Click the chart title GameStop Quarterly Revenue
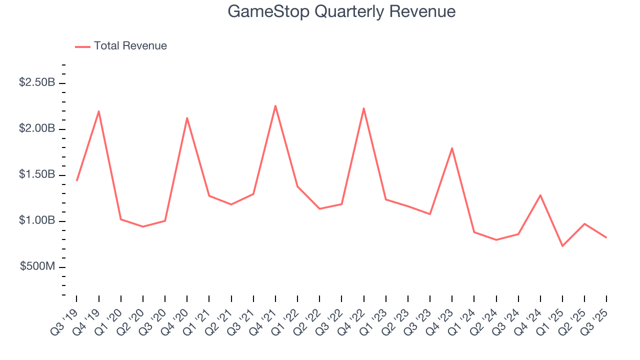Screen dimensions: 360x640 pos(341,11)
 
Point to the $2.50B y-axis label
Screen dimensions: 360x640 pos(37,82)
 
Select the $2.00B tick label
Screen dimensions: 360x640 pos(37,128)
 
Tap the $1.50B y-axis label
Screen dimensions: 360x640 pos(37,174)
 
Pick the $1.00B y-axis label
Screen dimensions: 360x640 pos(37,220)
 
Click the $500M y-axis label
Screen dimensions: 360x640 pos(37,266)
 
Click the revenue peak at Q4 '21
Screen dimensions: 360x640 pos(275,105)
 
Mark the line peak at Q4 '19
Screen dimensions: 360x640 pos(99,111)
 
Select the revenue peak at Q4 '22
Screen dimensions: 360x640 pos(363,108)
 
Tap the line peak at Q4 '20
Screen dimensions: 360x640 pos(187,118)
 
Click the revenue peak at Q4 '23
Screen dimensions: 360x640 pos(452,148)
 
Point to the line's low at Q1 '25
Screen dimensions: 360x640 pos(562,246)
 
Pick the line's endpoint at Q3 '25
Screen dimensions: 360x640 pos(606,237)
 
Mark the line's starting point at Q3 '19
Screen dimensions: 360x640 pos(76,180)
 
